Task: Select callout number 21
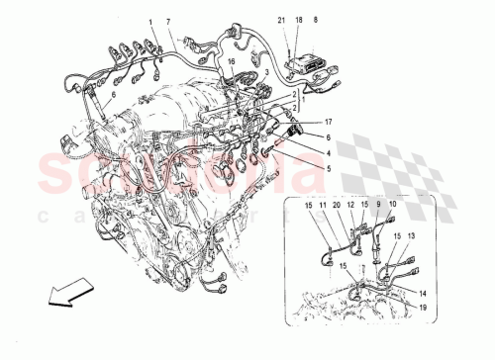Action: click(280, 20)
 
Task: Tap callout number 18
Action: click(298, 20)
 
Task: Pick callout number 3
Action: click(266, 72)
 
